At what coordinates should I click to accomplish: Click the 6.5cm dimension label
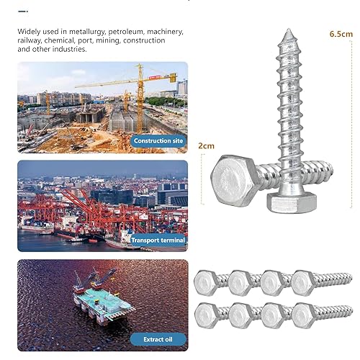(x=341, y=34)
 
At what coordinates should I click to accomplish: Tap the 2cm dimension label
(x=206, y=146)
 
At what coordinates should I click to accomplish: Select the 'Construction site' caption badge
(x=158, y=141)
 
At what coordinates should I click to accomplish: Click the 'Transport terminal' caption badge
(x=158, y=240)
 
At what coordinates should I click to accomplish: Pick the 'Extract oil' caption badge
(x=158, y=339)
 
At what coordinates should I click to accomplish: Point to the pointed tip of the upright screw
(x=289, y=29)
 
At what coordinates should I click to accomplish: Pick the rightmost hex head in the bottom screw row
(x=305, y=315)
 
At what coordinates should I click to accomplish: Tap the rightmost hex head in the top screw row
(x=305, y=283)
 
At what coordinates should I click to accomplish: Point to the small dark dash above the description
(x=23, y=12)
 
